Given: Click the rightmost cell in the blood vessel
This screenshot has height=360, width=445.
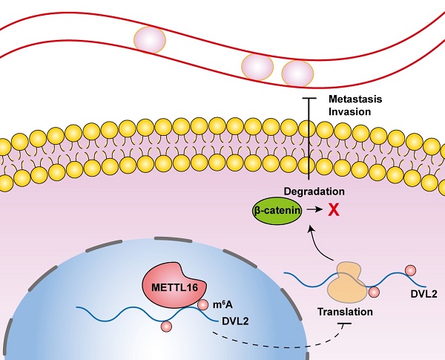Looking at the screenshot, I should coord(297,73).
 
